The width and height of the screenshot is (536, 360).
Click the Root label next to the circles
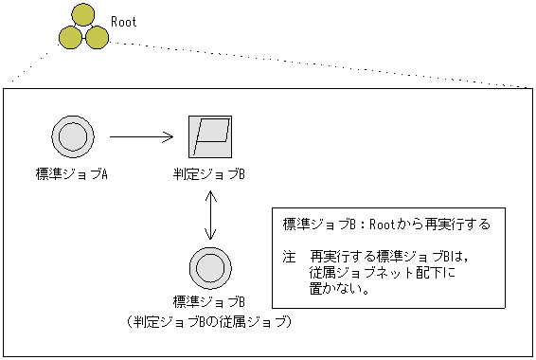(x=124, y=21)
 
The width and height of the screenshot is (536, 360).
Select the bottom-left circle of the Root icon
(x=70, y=37)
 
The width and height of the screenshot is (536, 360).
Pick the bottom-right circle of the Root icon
(x=95, y=37)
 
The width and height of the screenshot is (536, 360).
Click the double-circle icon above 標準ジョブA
(x=70, y=138)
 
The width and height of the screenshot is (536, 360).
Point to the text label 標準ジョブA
(x=70, y=174)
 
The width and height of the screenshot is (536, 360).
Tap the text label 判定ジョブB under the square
(x=209, y=174)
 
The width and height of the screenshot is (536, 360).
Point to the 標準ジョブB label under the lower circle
(x=209, y=301)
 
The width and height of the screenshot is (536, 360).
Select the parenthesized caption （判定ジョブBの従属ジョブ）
(x=209, y=322)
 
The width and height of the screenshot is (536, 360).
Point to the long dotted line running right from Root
(x=322, y=64)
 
